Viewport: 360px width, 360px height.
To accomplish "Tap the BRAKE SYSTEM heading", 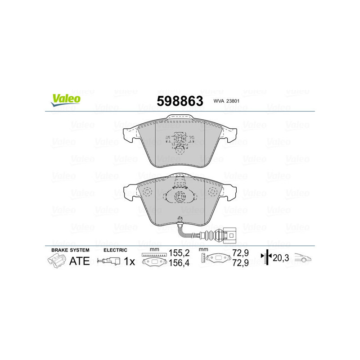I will pyautogui.click(x=70, y=250).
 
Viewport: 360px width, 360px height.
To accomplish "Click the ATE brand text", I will pyautogui.click(x=79, y=261).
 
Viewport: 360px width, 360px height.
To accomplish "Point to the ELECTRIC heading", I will pyautogui.click(x=116, y=250).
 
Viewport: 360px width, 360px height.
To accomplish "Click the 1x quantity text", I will pyautogui.click(x=129, y=261).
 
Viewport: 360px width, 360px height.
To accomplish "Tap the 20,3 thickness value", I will pyautogui.click(x=280, y=258).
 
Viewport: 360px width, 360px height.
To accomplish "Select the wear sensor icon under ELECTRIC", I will pyautogui.click(x=109, y=261).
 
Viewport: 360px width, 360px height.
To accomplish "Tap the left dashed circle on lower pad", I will pyautogui.click(x=147, y=193).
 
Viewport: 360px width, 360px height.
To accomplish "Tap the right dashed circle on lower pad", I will pyautogui.click(x=213, y=193).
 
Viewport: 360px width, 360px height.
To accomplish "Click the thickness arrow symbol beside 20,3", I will pyautogui.click(x=267, y=258).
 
